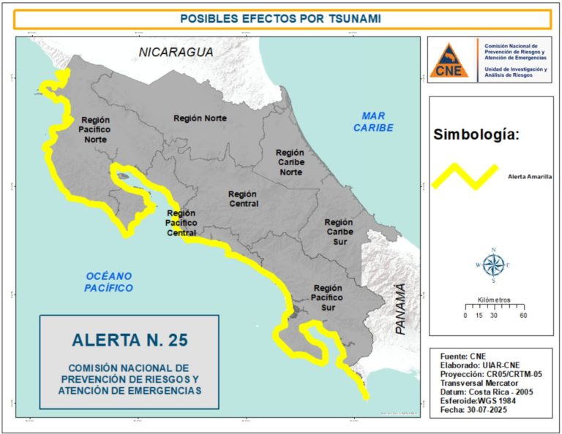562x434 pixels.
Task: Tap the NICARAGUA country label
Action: pyautogui.click(x=177, y=53)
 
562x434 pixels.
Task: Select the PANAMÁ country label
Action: pyautogui.click(x=400, y=309)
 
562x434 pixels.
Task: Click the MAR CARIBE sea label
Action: pyautogui.click(x=373, y=121)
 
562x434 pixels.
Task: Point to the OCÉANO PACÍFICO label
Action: pyautogui.click(x=109, y=282)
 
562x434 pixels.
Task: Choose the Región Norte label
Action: pyautogui.click(x=200, y=118)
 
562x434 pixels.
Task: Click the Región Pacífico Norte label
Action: pyautogui.click(x=95, y=129)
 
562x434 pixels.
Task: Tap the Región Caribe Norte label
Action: pyautogui.click(x=290, y=162)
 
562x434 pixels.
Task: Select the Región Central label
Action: pyautogui.click(x=242, y=199)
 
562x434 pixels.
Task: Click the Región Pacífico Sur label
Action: pyautogui.click(x=327, y=298)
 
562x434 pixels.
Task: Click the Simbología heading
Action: pyautogui.click(x=476, y=134)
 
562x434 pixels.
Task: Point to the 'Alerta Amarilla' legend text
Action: pyautogui.click(x=529, y=177)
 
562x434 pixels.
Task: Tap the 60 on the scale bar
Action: pyautogui.click(x=522, y=316)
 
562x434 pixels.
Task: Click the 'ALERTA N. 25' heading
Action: pyautogui.click(x=130, y=339)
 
